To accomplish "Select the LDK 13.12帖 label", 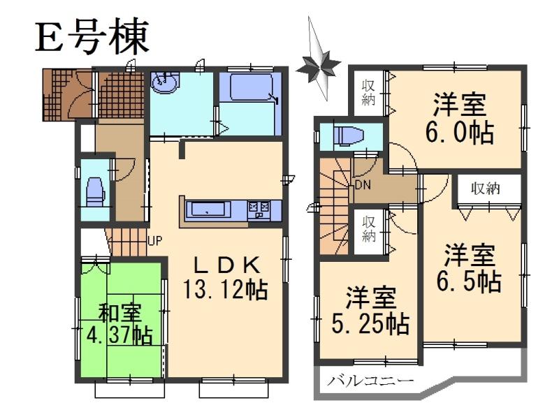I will tap(224, 277).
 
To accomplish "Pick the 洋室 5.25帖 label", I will tap(369, 311).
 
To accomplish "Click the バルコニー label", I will tap(370, 381).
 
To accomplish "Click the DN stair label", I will tap(363, 185).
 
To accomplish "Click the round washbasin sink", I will tap(164, 84).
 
